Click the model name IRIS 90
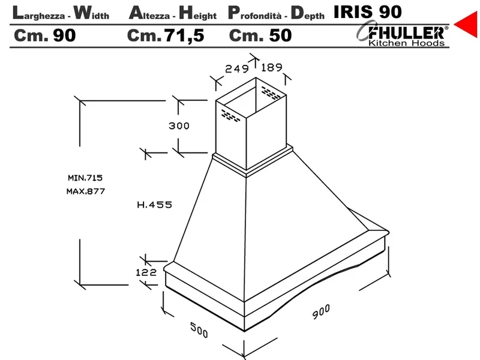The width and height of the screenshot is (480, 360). point(367,12)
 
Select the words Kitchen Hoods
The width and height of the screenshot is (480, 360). point(406,43)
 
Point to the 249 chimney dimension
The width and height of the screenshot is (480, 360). point(237,68)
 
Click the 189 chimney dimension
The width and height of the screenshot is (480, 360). point(272,67)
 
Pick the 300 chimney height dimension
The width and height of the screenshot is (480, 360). point(179,126)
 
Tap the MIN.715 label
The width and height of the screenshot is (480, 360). point(85,178)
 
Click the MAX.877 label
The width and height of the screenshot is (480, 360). point(86,191)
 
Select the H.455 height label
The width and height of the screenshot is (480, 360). point(155,205)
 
